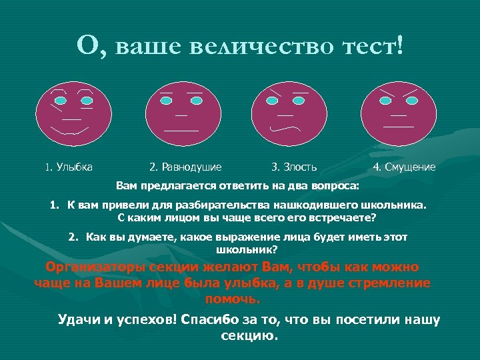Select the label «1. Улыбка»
(69, 167)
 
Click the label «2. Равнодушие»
(185, 167)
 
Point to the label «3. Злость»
(294, 167)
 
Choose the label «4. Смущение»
(405, 167)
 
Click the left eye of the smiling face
(61, 100)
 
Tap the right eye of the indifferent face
(196, 100)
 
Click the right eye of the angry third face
(302, 100)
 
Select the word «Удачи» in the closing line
(79, 319)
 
